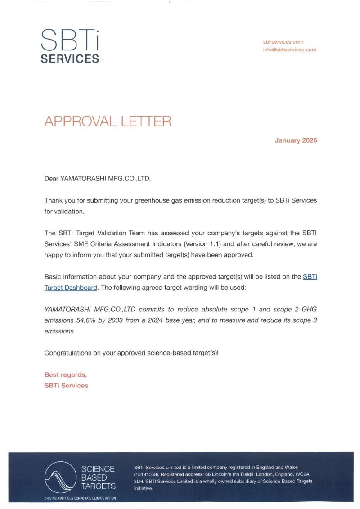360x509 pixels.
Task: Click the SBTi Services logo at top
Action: [70, 45]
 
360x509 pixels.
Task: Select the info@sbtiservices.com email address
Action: [289, 50]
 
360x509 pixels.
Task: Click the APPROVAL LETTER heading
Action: [108, 122]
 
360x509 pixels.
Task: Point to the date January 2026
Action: [296, 140]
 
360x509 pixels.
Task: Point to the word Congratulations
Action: [67, 353]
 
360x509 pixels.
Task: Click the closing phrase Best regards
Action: [65, 374]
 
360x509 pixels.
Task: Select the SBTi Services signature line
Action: [66, 385]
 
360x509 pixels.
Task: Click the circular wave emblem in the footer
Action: [60, 477]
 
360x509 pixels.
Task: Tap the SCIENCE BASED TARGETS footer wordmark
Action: [98, 477]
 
